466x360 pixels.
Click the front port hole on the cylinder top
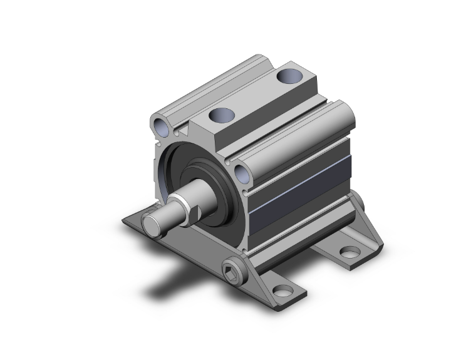click(x=220, y=115)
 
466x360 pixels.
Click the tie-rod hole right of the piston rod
click(x=241, y=173)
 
